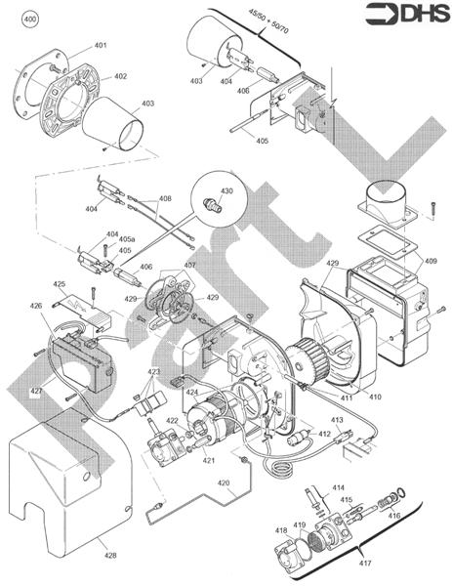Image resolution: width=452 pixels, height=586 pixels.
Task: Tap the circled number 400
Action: pyautogui.click(x=29, y=20)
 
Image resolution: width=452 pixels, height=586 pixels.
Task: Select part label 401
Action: pyautogui.click(x=101, y=46)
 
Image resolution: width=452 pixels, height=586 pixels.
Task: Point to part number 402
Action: pyautogui.click(x=120, y=76)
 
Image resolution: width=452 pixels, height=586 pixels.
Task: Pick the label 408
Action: pyautogui.click(x=165, y=198)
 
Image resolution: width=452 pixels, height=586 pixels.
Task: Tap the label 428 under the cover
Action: pyautogui.click(x=110, y=555)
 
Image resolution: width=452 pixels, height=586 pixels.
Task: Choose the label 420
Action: pyautogui.click(x=224, y=482)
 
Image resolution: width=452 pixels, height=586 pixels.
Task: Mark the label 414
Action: pyautogui.click(x=339, y=486)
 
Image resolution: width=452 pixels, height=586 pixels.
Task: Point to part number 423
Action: pyautogui.click(x=154, y=372)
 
